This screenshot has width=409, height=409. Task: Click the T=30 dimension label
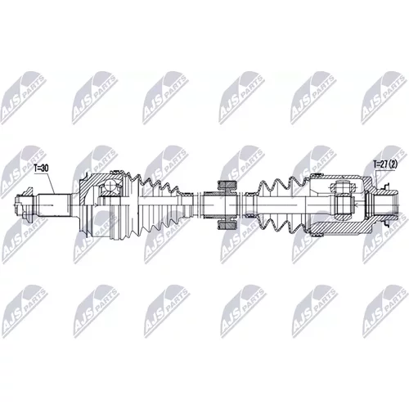[41, 169]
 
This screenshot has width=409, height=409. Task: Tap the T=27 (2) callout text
[385, 164]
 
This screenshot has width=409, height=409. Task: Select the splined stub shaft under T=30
[54, 205]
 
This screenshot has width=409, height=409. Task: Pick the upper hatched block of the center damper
[226, 185]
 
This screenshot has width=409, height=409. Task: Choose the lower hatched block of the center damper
[226, 226]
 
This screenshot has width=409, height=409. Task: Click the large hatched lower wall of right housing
[341, 227]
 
